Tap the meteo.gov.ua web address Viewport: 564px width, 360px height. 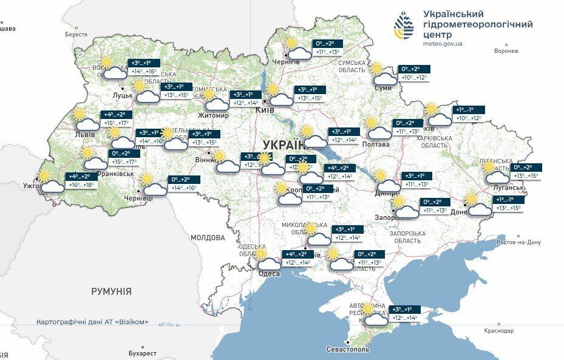click(443, 44)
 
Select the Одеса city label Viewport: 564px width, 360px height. click(270, 274)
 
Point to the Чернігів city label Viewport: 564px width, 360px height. click(286, 62)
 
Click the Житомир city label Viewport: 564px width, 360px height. click(213, 115)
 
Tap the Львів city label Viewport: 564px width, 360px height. click(84, 134)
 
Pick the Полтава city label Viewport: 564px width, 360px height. click(375, 144)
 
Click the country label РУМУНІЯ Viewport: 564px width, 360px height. click(111, 291)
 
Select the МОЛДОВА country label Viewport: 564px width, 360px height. click(208, 237)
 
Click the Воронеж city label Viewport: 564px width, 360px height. click(506, 51)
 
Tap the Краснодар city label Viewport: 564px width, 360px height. click(498, 331)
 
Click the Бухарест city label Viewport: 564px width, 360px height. click(143, 353)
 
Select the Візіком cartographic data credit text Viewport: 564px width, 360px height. click(92, 322)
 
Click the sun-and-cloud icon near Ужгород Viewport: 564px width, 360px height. click(49, 183)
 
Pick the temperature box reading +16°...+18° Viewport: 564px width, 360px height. click(81, 185)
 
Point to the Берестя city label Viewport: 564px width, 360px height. click(76, 35)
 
